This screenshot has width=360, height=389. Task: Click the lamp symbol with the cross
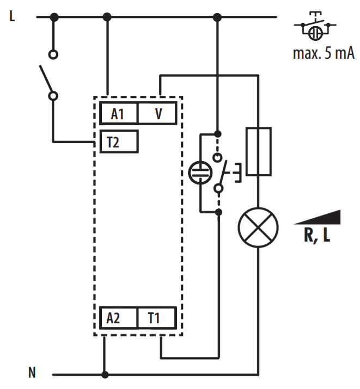(x=258, y=227)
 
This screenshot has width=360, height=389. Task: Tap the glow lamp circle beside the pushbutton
(x=200, y=172)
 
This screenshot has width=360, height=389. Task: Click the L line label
(x=12, y=16)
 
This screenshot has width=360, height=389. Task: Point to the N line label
(x=32, y=372)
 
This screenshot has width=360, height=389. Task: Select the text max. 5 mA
(x=324, y=53)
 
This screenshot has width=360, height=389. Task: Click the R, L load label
(x=317, y=235)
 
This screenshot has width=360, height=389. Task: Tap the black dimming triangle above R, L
(x=317, y=217)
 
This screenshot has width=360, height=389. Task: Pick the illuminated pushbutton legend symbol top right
(x=315, y=26)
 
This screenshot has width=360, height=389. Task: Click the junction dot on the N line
(x=105, y=374)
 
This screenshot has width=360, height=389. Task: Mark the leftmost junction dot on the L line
(x=54, y=17)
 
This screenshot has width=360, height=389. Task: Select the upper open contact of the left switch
(x=53, y=54)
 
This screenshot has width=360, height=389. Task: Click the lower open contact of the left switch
(x=53, y=96)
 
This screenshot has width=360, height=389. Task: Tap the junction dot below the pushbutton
(x=219, y=212)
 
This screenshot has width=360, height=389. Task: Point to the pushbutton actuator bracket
(x=239, y=172)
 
